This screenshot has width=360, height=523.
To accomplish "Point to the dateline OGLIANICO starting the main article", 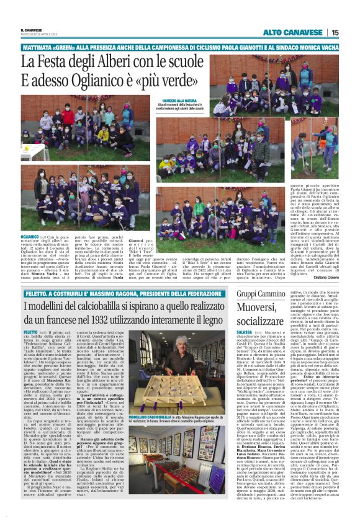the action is click(30, 237).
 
